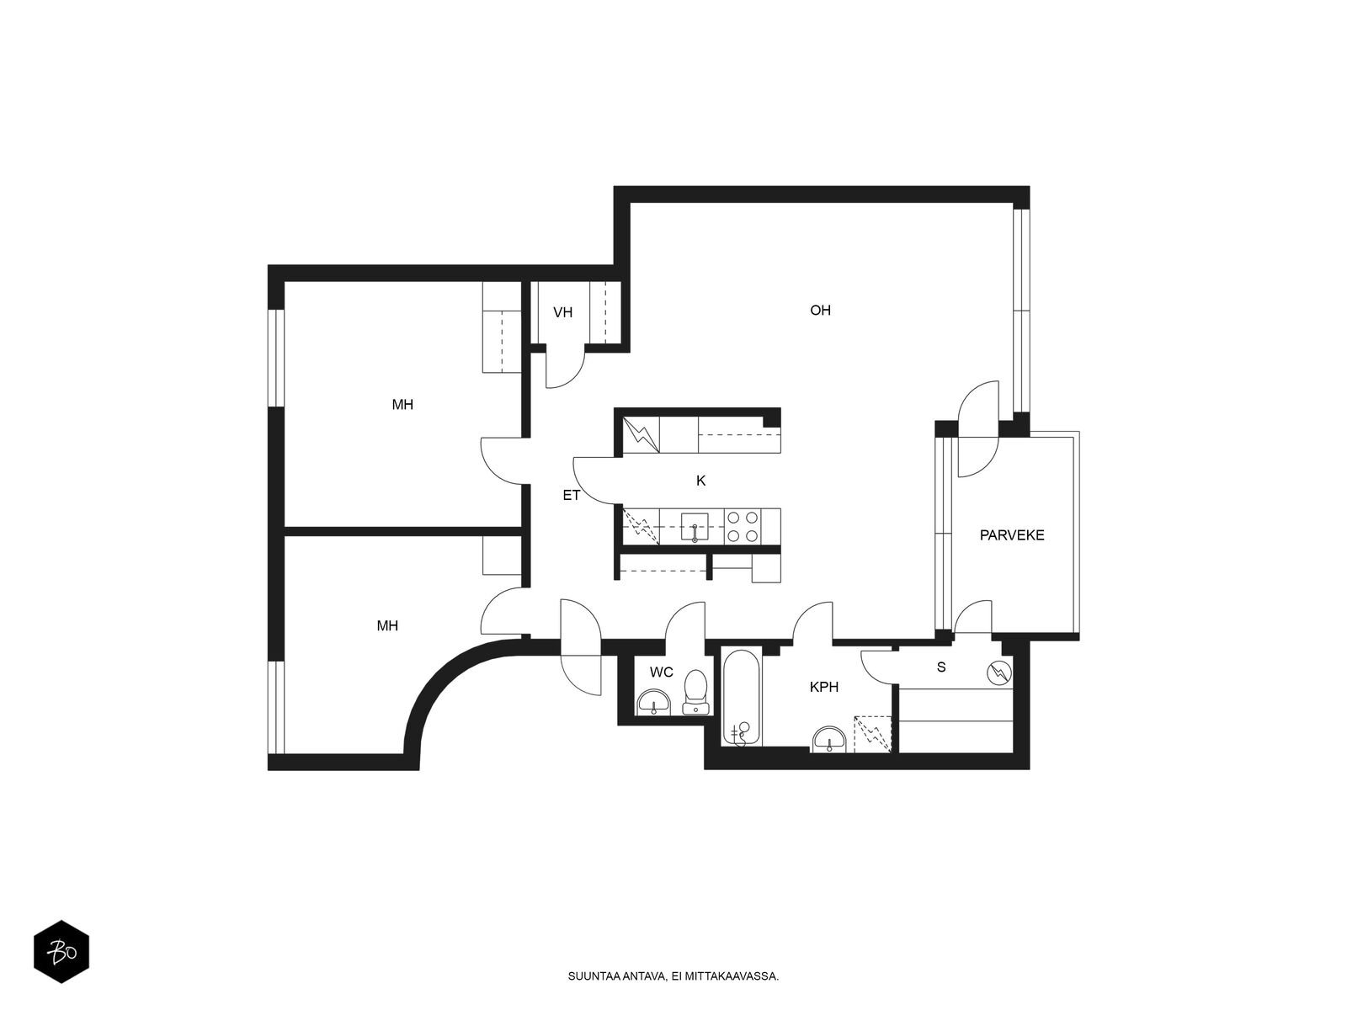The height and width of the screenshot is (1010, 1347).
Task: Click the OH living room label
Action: pyautogui.click(x=820, y=311)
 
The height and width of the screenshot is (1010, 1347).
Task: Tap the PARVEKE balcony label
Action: pyautogui.click(x=1012, y=534)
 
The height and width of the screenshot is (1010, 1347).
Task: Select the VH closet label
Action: pyautogui.click(x=562, y=313)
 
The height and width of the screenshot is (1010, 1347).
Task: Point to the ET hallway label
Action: pyautogui.click(x=572, y=496)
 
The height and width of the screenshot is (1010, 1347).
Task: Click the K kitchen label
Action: pyautogui.click(x=700, y=481)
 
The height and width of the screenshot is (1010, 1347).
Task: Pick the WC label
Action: pyautogui.click(x=662, y=672)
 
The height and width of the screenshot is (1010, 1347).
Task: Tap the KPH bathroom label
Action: pyautogui.click(x=824, y=687)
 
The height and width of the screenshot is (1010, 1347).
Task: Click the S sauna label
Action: pyautogui.click(x=941, y=667)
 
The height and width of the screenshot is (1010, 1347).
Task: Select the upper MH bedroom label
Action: pyautogui.click(x=402, y=405)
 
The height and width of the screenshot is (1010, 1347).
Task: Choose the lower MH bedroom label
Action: pyautogui.click(x=387, y=625)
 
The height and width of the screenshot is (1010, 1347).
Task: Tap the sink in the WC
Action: pyautogui.click(x=653, y=702)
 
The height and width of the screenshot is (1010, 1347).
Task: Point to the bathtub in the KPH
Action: pyautogui.click(x=742, y=698)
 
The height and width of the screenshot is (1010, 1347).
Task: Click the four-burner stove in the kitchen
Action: pyautogui.click(x=742, y=526)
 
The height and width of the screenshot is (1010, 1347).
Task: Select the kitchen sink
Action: pyautogui.click(x=694, y=527)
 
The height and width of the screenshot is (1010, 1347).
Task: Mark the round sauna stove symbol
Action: pyautogui.click(x=998, y=673)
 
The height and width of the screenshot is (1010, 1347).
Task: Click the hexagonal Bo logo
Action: pyautogui.click(x=61, y=952)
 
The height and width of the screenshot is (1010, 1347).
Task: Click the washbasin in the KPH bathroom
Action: pyautogui.click(x=830, y=739)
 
